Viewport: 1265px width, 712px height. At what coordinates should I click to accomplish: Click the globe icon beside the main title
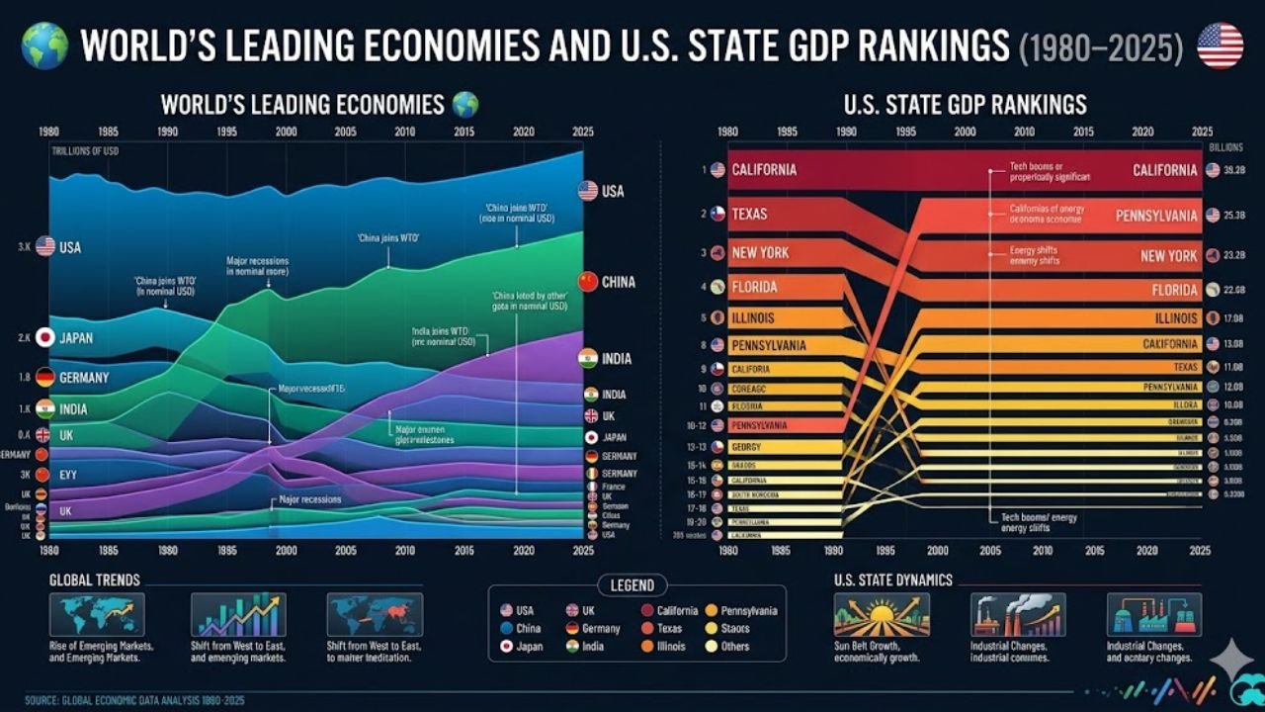[x=44, y=45]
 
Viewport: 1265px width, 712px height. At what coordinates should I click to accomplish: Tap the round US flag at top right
[x=1221, y=45]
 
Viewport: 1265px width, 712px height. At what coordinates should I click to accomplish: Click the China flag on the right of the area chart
[x=588, y=282]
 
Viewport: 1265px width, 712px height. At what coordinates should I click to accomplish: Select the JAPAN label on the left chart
[x=76, y=338]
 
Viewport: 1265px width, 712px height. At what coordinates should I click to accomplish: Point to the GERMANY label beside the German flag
[x=84, y=378]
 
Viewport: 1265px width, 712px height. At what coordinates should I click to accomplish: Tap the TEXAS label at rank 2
[x=749, y=214]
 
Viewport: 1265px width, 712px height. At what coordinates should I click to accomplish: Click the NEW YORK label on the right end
[x=1168, y=256]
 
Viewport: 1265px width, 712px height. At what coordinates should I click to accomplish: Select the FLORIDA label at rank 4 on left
[x=754, y=288]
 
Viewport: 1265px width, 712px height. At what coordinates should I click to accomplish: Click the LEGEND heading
[x=632, y=585]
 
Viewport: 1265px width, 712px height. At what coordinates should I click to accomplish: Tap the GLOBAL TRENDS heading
[x=95, y=580]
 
